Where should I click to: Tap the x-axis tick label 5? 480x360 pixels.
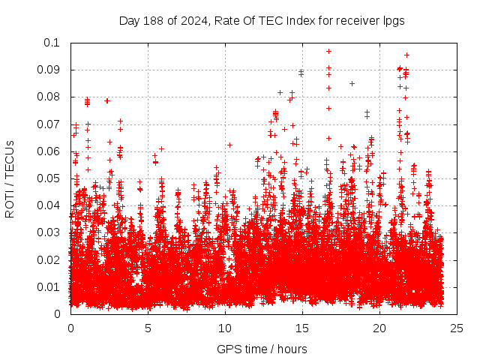pyautogui.click(x=148, y=328)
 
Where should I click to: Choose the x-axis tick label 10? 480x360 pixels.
pyautogui.click(x=225, y=328)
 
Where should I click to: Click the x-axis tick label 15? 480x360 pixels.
pyautogui.click(x=302, y=328)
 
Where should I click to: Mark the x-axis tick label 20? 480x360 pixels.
pyautogui.click(x=379, y=328)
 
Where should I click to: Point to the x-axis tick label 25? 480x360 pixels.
pyautogui.click(x=457, y=328)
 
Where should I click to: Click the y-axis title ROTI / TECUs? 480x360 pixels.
pyautogui.click(x=10, y=178)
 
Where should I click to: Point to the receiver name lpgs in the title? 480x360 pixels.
pyautogui.click(x=393, y=20)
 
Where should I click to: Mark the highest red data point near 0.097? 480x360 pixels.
pyautogui.click(x=328, y=51)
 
